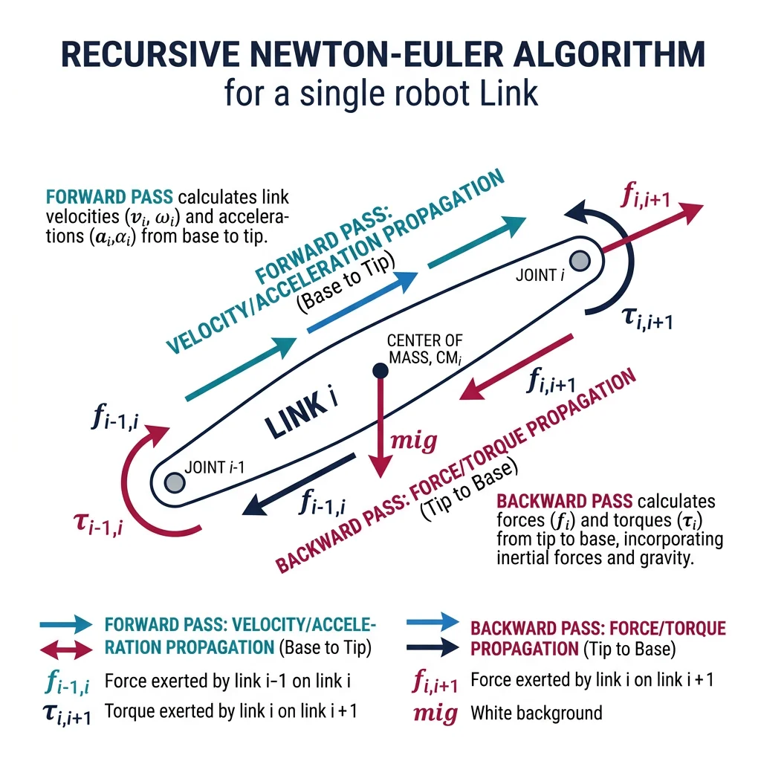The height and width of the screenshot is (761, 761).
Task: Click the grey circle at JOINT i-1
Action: pos(175,482)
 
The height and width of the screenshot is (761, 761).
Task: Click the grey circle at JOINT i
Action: pos(580,261)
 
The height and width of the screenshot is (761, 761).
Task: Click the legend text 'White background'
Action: pos(536,713)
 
